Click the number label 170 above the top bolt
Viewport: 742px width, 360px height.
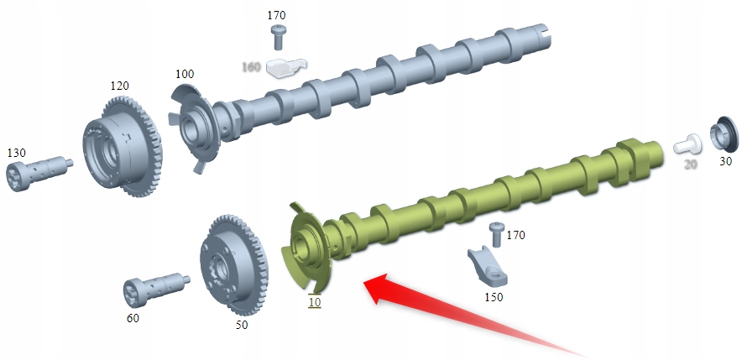277,15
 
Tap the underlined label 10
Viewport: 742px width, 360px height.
314,302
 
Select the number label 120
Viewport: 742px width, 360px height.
120,86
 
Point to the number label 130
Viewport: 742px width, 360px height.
17,153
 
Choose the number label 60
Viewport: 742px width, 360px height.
133,318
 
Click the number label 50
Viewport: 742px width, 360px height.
241,324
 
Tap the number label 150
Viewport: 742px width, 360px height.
495,297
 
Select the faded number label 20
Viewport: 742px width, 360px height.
690,164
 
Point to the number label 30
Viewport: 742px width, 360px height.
726,162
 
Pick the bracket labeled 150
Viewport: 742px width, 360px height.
489,266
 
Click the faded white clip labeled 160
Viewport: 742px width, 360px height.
284,65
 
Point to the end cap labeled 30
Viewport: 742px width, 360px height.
723,133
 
